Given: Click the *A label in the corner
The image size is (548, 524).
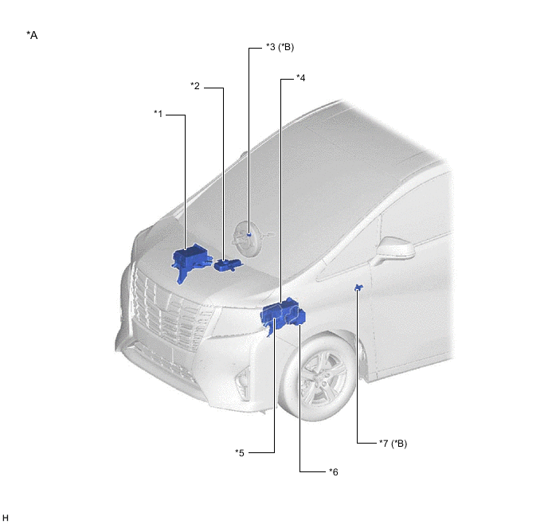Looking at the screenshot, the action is pos(32,35).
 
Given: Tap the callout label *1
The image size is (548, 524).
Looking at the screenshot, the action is pos(159,114).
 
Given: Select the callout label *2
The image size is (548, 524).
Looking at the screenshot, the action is pos(195,86).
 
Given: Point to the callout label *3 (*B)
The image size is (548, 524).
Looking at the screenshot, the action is pos(280,47).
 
